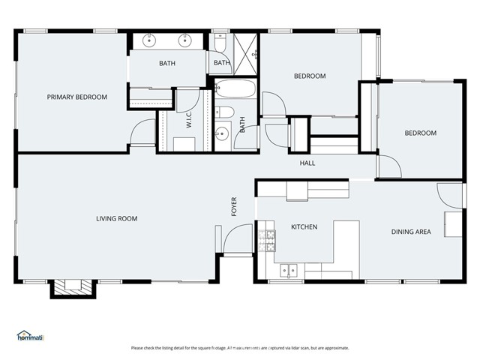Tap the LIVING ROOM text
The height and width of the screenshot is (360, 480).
click(116, 219)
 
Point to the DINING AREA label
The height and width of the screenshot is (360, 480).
click(410, 232)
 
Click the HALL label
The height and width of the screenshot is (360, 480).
click(307, 163)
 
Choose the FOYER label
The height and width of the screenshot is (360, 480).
click(234, 205)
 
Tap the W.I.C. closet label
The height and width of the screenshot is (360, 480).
click(190, 121)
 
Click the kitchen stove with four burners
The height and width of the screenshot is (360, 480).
click(266, 239)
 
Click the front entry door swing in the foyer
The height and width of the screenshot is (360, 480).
click(229, 241)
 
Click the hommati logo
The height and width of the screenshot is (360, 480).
click(31, 336)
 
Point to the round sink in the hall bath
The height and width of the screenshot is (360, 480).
click(220, 135)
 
